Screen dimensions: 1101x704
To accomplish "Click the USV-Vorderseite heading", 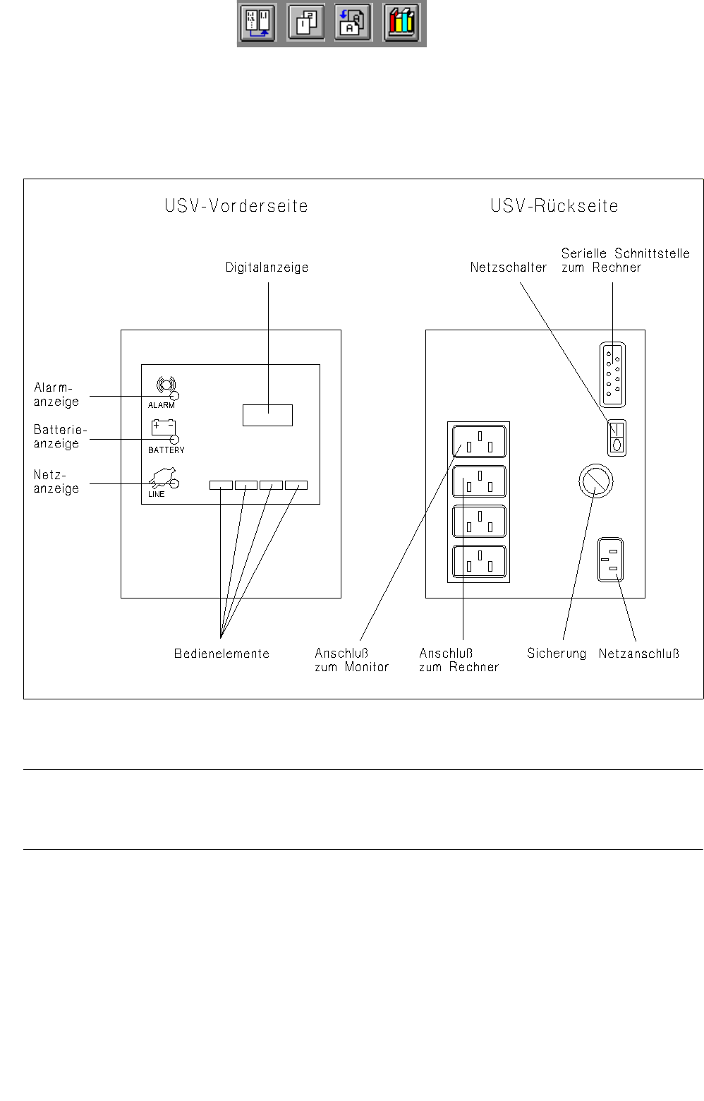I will [236, 206].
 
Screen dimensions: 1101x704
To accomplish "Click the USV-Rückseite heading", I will [554, 206].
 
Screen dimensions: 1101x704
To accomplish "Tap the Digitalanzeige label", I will [267, 267].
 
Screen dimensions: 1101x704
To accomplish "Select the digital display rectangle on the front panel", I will [267, 415].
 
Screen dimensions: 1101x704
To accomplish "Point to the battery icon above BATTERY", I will [163, 427].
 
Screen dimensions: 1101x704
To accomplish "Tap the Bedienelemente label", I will [221, 654].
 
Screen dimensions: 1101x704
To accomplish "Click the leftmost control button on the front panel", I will [221, 485].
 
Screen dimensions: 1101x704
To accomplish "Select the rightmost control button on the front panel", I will [296, 485].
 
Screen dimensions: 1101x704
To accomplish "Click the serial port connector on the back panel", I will [612, 375].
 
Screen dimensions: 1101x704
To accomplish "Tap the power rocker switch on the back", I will [617, 438].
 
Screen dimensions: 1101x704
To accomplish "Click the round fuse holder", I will [595, 483].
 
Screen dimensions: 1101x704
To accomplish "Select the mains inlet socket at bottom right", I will [611, 560].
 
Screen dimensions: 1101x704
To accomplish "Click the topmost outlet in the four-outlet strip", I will [479, 442].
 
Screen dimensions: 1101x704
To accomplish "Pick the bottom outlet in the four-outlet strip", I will [479, 562].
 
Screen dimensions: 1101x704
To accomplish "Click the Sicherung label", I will [557, 654].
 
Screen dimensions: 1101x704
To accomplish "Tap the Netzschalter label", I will [509, 267].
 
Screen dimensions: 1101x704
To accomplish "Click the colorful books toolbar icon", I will [401, 23].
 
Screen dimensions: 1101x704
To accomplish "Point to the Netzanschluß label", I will [638, 654].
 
